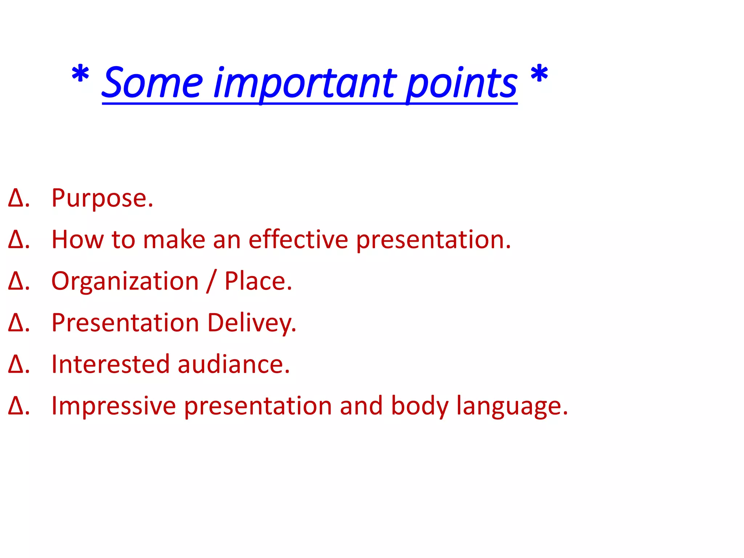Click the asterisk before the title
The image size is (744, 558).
coord(80,74)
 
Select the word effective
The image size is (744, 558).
coord(298,240)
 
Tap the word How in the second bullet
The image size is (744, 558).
coord(77,240)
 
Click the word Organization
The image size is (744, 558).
coord(125,282)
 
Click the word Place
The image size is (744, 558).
coord(258,281)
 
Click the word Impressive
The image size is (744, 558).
coord(113,406)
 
